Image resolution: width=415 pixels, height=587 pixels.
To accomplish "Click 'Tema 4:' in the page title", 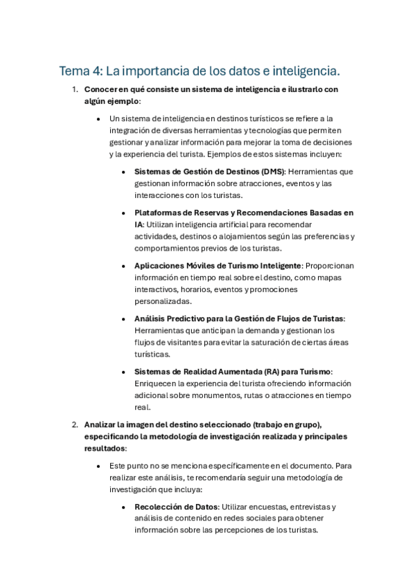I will [81, 71].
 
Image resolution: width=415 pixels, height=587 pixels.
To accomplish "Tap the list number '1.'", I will [75, 90].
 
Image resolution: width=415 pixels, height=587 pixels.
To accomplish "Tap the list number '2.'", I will [75, 424].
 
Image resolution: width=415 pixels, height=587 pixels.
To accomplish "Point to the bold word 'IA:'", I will [140, 225].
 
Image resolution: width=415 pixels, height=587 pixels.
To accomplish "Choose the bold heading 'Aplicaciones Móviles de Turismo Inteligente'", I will [218, 265].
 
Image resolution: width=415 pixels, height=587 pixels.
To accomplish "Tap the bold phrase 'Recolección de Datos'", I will [176, 507].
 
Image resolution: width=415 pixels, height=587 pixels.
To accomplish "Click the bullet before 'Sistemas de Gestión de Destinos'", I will [123, 172].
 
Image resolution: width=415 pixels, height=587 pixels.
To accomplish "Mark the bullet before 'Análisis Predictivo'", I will [123, 318].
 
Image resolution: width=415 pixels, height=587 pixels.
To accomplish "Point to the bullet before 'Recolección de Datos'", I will [123, 507].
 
